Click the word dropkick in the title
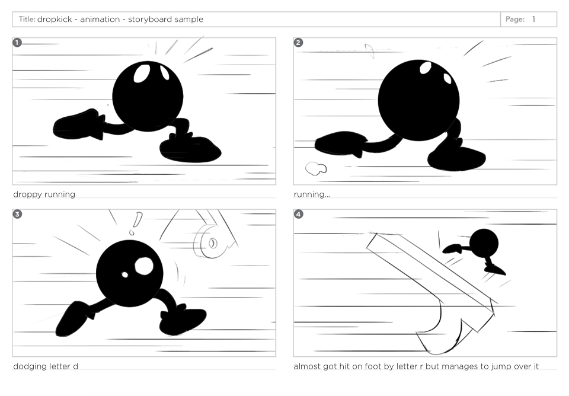coord(55,20)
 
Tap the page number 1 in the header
coord(533,19)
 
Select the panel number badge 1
coord(17,43)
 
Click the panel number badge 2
coord(298,43)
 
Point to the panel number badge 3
coord(17,214)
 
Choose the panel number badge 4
coord(298,214)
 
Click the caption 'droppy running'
coord(44,194)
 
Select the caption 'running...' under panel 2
coord(312,194)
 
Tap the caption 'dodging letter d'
coord(46,366)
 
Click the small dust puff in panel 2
coord(316,168)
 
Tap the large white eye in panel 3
coord(144,266)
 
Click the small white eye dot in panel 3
coord(125,274)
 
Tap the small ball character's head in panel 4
coord(484,243)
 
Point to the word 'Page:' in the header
coord(515,19)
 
